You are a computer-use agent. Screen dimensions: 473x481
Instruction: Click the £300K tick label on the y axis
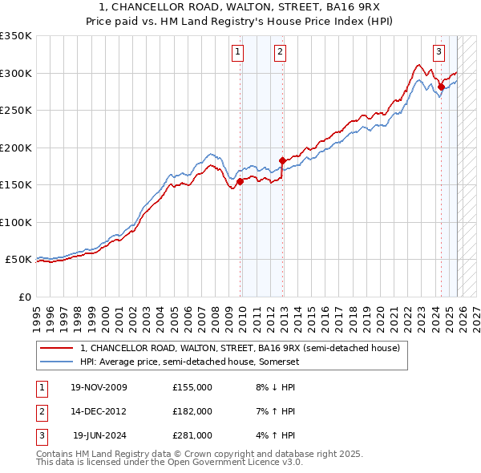[x=16, y=73]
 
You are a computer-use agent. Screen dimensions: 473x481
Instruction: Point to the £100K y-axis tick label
[x=16, y=222]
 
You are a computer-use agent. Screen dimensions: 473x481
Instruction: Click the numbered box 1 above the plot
[x=239, y=53]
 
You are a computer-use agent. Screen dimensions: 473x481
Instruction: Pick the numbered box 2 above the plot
[x=280, y=53]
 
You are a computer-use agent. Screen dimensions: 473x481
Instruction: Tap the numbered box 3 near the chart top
[x=439, y=53]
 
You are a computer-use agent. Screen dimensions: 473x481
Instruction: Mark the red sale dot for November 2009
[x=240, y=181]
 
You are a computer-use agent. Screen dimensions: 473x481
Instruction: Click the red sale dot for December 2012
[x=282, y=161]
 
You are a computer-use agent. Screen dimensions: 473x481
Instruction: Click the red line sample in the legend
[x=57, y=349]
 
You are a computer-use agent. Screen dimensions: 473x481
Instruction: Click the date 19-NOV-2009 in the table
[x=99, y=387]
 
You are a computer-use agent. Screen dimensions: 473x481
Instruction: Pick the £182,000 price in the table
[x=192, y=411]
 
